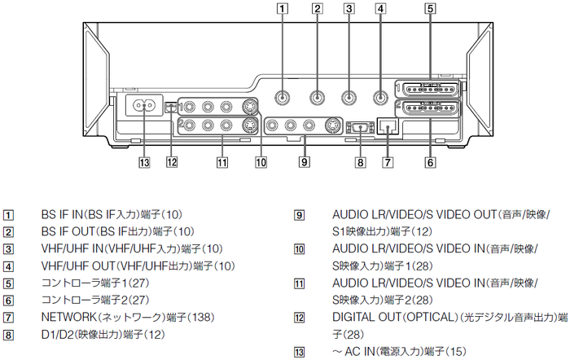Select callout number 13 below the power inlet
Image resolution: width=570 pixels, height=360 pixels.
[x=144, y=161]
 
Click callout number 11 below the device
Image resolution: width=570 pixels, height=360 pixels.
[x=221, y=161]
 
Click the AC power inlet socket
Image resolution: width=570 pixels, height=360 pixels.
[x=143, y=107]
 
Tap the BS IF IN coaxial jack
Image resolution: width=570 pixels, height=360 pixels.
[x=282, y=97]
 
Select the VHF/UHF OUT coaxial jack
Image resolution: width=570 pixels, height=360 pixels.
[x=379, y=97]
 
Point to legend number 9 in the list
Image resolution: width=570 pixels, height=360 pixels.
[x=300, y=216]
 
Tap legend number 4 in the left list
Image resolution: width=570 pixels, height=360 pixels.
[x=9, y=266]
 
